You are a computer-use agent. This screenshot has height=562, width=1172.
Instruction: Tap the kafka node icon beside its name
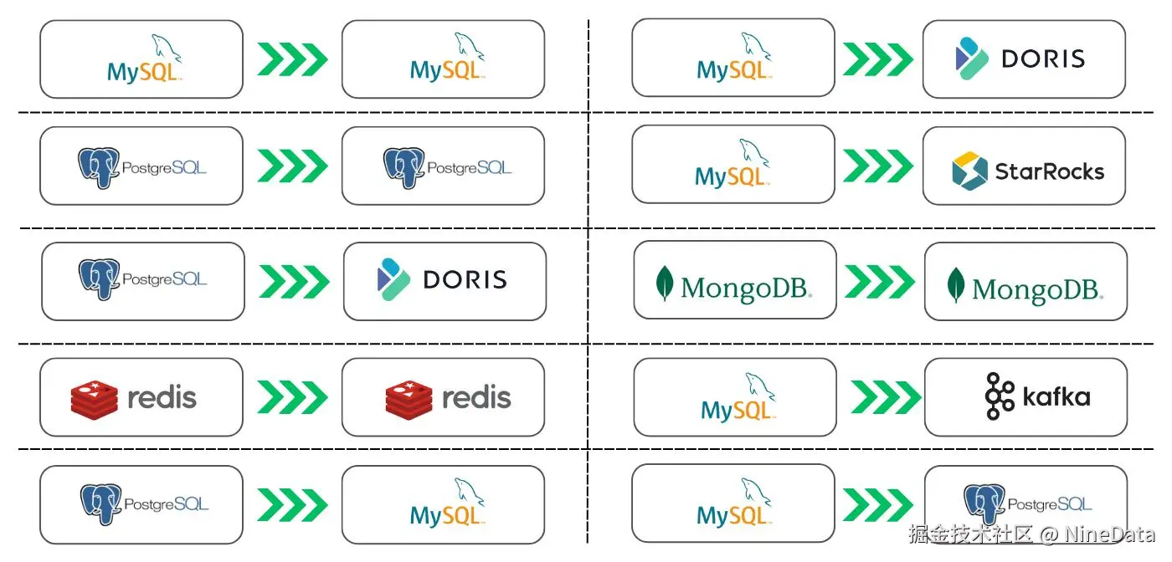pos(1000,396)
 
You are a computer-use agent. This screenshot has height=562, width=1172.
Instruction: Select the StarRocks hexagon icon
pos(970,171)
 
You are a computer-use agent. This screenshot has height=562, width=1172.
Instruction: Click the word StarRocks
pos(1049,171)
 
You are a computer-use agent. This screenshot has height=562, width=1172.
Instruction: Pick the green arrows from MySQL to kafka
pos(885,397)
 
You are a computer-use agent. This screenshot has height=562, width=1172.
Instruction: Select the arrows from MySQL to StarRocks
pos(876,166)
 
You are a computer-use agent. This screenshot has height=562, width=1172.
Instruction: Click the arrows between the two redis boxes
pos(292,397)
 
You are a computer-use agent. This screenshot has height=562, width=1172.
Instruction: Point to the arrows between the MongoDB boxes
pos(879,281)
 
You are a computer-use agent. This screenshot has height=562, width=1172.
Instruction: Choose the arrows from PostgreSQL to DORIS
pos(294,281)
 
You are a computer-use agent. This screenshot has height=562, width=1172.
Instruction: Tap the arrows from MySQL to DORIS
pos(876,59)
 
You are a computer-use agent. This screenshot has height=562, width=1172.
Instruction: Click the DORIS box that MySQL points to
pos(1024,59)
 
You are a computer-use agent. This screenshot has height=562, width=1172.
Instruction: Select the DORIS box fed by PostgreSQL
pos(445,281)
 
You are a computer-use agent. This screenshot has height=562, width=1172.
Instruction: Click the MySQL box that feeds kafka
pos(735,397)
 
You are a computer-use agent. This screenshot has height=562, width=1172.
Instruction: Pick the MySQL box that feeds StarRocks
pos(733,166)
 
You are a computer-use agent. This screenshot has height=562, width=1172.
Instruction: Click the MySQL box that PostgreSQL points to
pos(443,504)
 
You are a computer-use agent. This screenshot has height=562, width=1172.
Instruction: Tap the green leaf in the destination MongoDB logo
pos(955,285)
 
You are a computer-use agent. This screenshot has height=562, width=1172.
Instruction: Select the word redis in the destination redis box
pos(476,397)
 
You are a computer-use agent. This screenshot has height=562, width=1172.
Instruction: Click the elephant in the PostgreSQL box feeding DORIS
pos(99,278)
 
